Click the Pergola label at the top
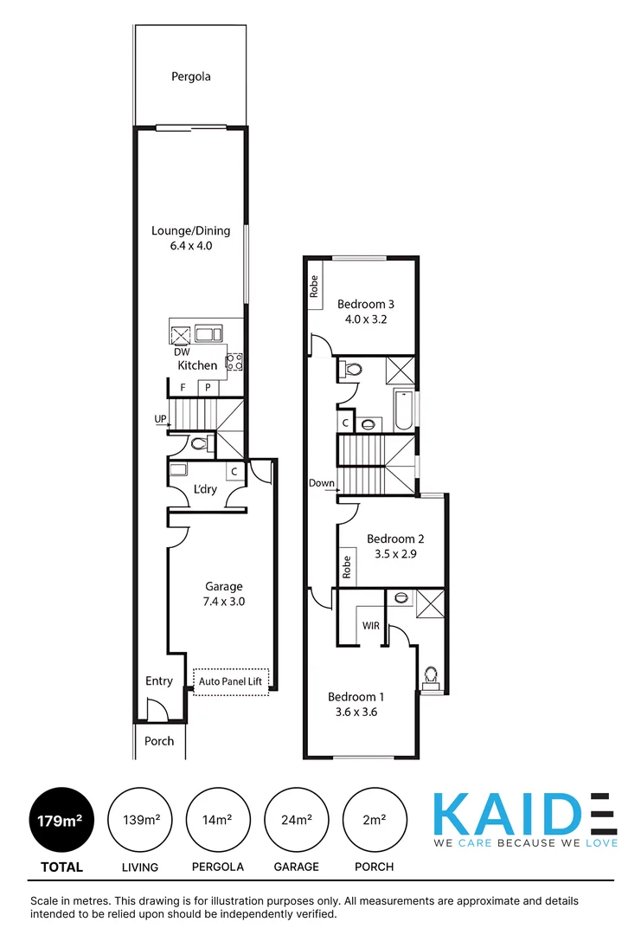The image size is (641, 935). coord(190,76)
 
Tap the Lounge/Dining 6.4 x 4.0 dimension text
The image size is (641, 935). coord(190,246)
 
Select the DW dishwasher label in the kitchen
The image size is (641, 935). coord(182,352)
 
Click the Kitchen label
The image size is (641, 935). coord(197,365)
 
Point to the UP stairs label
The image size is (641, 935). coord(159,420)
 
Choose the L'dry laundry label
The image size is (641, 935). coord(205,489)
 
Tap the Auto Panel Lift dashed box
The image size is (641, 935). coord(231,681)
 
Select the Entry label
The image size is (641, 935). coord(159,681)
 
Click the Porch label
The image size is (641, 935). coord(159,741)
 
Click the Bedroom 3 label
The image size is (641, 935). coord(366,304)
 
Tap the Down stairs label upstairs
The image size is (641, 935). coord(322,483)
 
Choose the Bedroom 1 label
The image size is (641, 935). coord(356,697)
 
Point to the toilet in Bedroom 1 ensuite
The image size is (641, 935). coord(430,676)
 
